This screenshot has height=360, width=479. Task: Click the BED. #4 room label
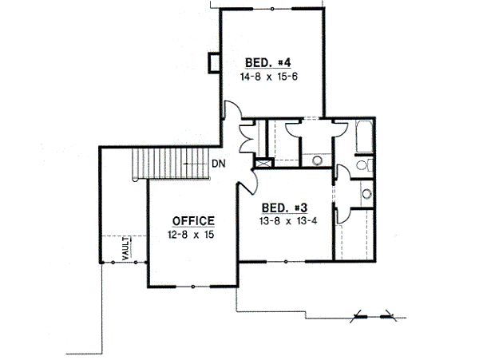[x=268, y=63]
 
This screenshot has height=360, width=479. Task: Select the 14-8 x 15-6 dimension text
[x=269, y=77]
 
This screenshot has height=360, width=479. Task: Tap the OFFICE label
[x=193, y=221]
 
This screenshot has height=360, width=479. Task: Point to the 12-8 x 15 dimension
[x=191, y=235]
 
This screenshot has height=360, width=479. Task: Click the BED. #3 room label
[x=284, y=208]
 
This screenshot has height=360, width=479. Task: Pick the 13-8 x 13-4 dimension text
[x=288, y=221]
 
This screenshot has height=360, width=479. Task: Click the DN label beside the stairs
[x=219, y=164]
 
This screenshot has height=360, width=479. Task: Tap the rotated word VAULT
[x=126, y=248]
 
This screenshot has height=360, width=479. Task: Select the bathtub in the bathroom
[x=365, y=136]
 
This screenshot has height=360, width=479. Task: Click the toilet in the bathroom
[x=363, y=165]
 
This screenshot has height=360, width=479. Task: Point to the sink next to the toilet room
[x=366, y=194]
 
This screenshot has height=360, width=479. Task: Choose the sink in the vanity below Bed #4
[x=318, y=160]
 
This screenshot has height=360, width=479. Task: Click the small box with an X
[x=263, y=163]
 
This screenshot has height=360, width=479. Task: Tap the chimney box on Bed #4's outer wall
[x=214, y=63]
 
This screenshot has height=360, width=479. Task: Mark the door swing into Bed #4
[x=233, y=109]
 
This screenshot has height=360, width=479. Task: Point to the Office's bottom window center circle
[x=193, y=287]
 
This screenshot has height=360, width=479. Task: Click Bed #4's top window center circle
[x=272, y=9]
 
